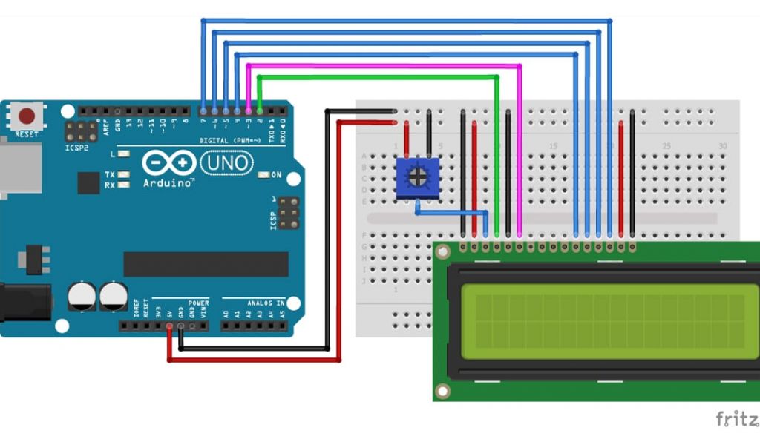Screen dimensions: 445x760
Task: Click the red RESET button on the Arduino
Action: tap(27, 116)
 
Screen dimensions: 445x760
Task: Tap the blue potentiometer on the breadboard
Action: tap(416, 178)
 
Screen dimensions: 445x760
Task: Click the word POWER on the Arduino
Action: tap(198, 303)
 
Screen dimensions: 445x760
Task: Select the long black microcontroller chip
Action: tap(206, 264)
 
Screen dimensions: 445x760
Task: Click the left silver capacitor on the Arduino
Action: tap(82, 295)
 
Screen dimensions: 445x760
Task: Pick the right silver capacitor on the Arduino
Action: tap(113, 295)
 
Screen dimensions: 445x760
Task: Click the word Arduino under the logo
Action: tap(168, 182)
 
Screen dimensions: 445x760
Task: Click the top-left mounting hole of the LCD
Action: tap(443, 252)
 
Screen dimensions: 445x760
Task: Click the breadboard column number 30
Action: tap(722, 146)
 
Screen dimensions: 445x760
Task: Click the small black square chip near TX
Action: tap(88, 182)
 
